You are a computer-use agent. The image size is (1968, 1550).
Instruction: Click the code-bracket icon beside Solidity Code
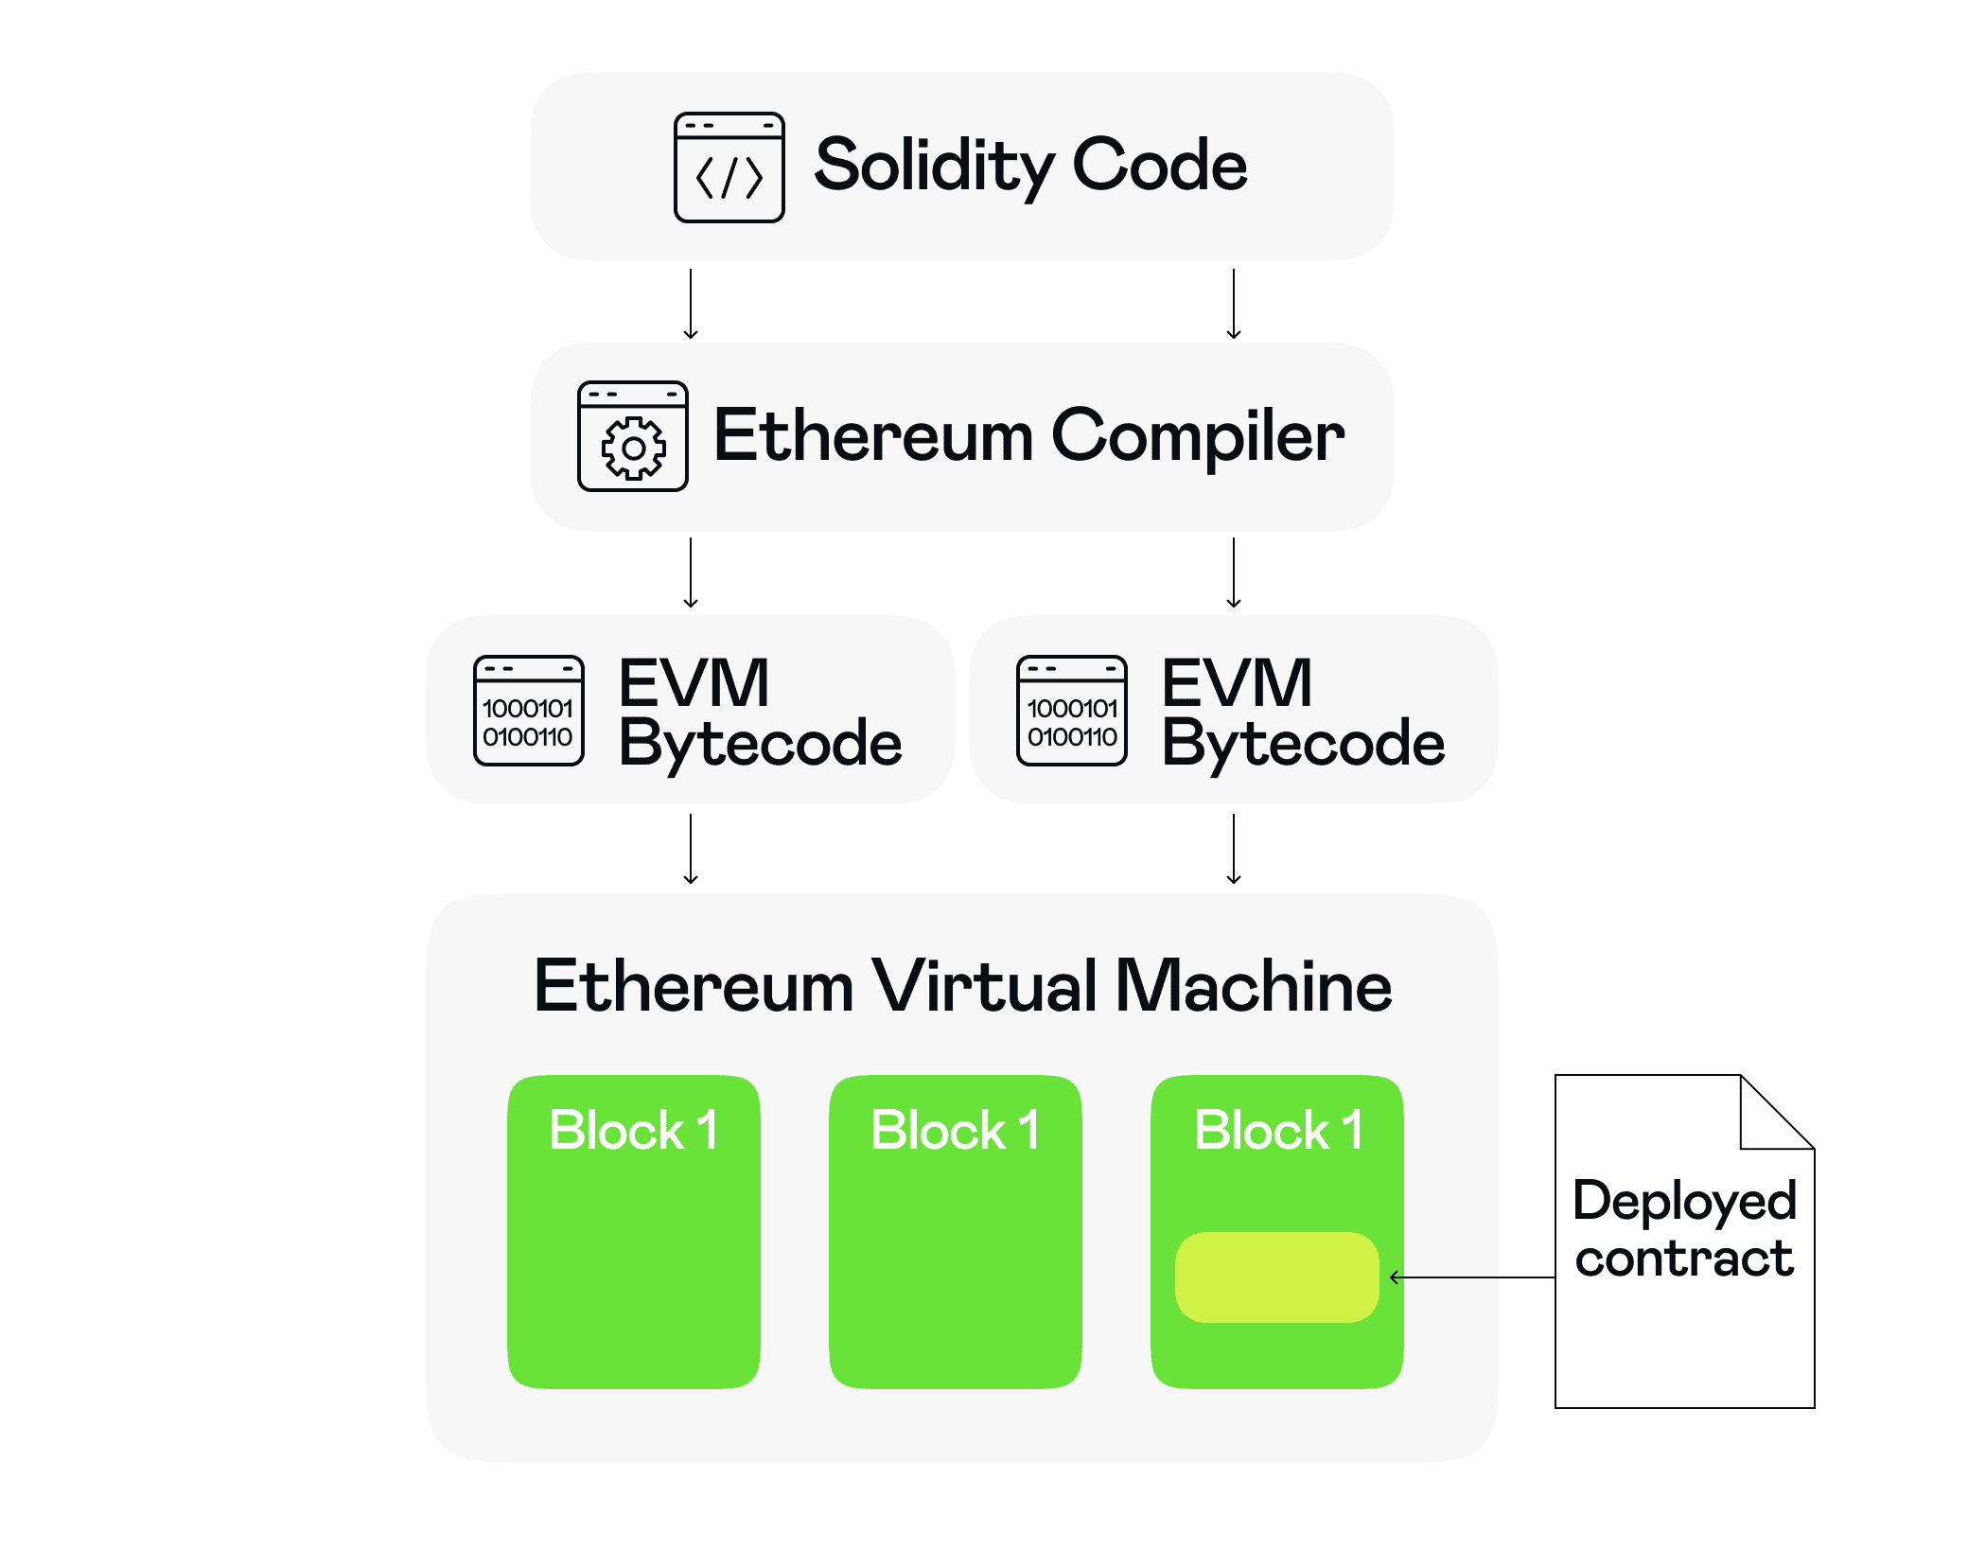(729, 167)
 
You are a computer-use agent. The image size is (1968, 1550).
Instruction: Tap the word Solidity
(932, 166)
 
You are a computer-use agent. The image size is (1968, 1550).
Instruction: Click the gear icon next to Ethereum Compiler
(632, 436)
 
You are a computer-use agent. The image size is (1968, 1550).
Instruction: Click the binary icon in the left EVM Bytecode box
(528, 710)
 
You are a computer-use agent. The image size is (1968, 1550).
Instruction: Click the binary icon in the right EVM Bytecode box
(1071, 710)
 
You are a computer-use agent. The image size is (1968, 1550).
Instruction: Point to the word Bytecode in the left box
(760, 743)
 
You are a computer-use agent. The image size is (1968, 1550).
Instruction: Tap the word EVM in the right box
(1236, 682)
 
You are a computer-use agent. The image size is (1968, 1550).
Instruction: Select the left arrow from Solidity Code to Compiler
(691, 304)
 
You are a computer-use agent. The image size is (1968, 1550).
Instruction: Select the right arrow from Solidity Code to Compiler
(1234, 304)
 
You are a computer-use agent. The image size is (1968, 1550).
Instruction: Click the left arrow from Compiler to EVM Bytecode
(691, 572)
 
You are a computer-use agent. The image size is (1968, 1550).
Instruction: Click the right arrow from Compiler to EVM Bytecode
(1234, 572)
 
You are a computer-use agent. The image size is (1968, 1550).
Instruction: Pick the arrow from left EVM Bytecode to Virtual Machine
(691, 849)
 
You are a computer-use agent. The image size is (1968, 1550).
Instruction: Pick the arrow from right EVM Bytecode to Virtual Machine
(1234, 849)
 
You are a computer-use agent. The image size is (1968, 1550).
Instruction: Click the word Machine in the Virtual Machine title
(1253, 986)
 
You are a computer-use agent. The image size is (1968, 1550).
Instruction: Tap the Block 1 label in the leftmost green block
(633, 1130)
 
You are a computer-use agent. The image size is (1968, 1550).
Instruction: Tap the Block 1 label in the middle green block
(955, 1130)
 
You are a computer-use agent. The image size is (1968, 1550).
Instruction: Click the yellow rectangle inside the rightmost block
(1276, 1277)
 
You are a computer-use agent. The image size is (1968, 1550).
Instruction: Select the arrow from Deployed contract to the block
(1471, 1277)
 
